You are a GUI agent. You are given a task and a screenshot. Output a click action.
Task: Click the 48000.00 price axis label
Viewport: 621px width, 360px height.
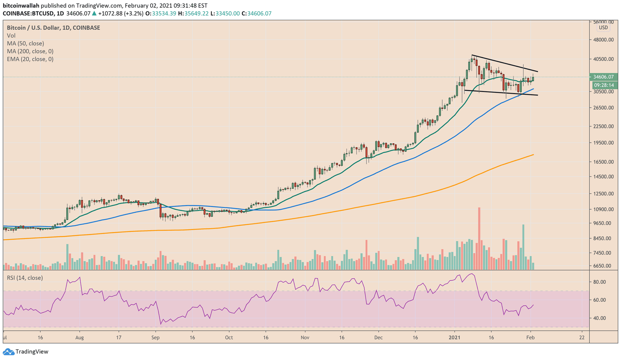603,40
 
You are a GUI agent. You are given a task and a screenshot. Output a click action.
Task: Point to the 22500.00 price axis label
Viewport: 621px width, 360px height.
603,126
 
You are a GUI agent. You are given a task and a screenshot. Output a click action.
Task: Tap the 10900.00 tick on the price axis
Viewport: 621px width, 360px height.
603,209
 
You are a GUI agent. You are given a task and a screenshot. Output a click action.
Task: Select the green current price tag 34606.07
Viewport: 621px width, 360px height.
603,77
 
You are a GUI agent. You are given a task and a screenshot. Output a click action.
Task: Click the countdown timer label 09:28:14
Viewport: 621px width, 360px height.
604,85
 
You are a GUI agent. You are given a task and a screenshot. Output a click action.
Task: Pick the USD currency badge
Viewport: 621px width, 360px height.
603,28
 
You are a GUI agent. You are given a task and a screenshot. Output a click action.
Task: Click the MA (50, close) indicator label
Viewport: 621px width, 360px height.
25,43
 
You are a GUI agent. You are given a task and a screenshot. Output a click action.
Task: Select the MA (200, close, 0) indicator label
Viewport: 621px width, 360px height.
30,51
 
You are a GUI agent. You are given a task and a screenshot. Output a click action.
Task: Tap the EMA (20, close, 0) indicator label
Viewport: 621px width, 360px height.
30,59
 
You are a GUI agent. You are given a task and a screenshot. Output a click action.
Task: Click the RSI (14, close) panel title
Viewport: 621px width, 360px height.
25,278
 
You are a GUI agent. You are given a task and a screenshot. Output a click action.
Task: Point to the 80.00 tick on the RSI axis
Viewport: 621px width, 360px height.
600,282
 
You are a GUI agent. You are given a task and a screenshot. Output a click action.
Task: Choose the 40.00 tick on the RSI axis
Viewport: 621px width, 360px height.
600,318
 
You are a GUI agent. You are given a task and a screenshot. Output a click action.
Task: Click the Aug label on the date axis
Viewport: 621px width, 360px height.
80,337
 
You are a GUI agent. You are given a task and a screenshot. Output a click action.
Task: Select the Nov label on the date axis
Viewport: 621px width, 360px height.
305,337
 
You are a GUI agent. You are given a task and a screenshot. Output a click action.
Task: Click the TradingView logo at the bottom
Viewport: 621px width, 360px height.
26,351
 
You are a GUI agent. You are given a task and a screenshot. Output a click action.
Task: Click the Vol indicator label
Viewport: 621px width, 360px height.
11,36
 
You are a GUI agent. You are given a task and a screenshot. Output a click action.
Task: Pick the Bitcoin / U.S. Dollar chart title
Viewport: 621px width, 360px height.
53,28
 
